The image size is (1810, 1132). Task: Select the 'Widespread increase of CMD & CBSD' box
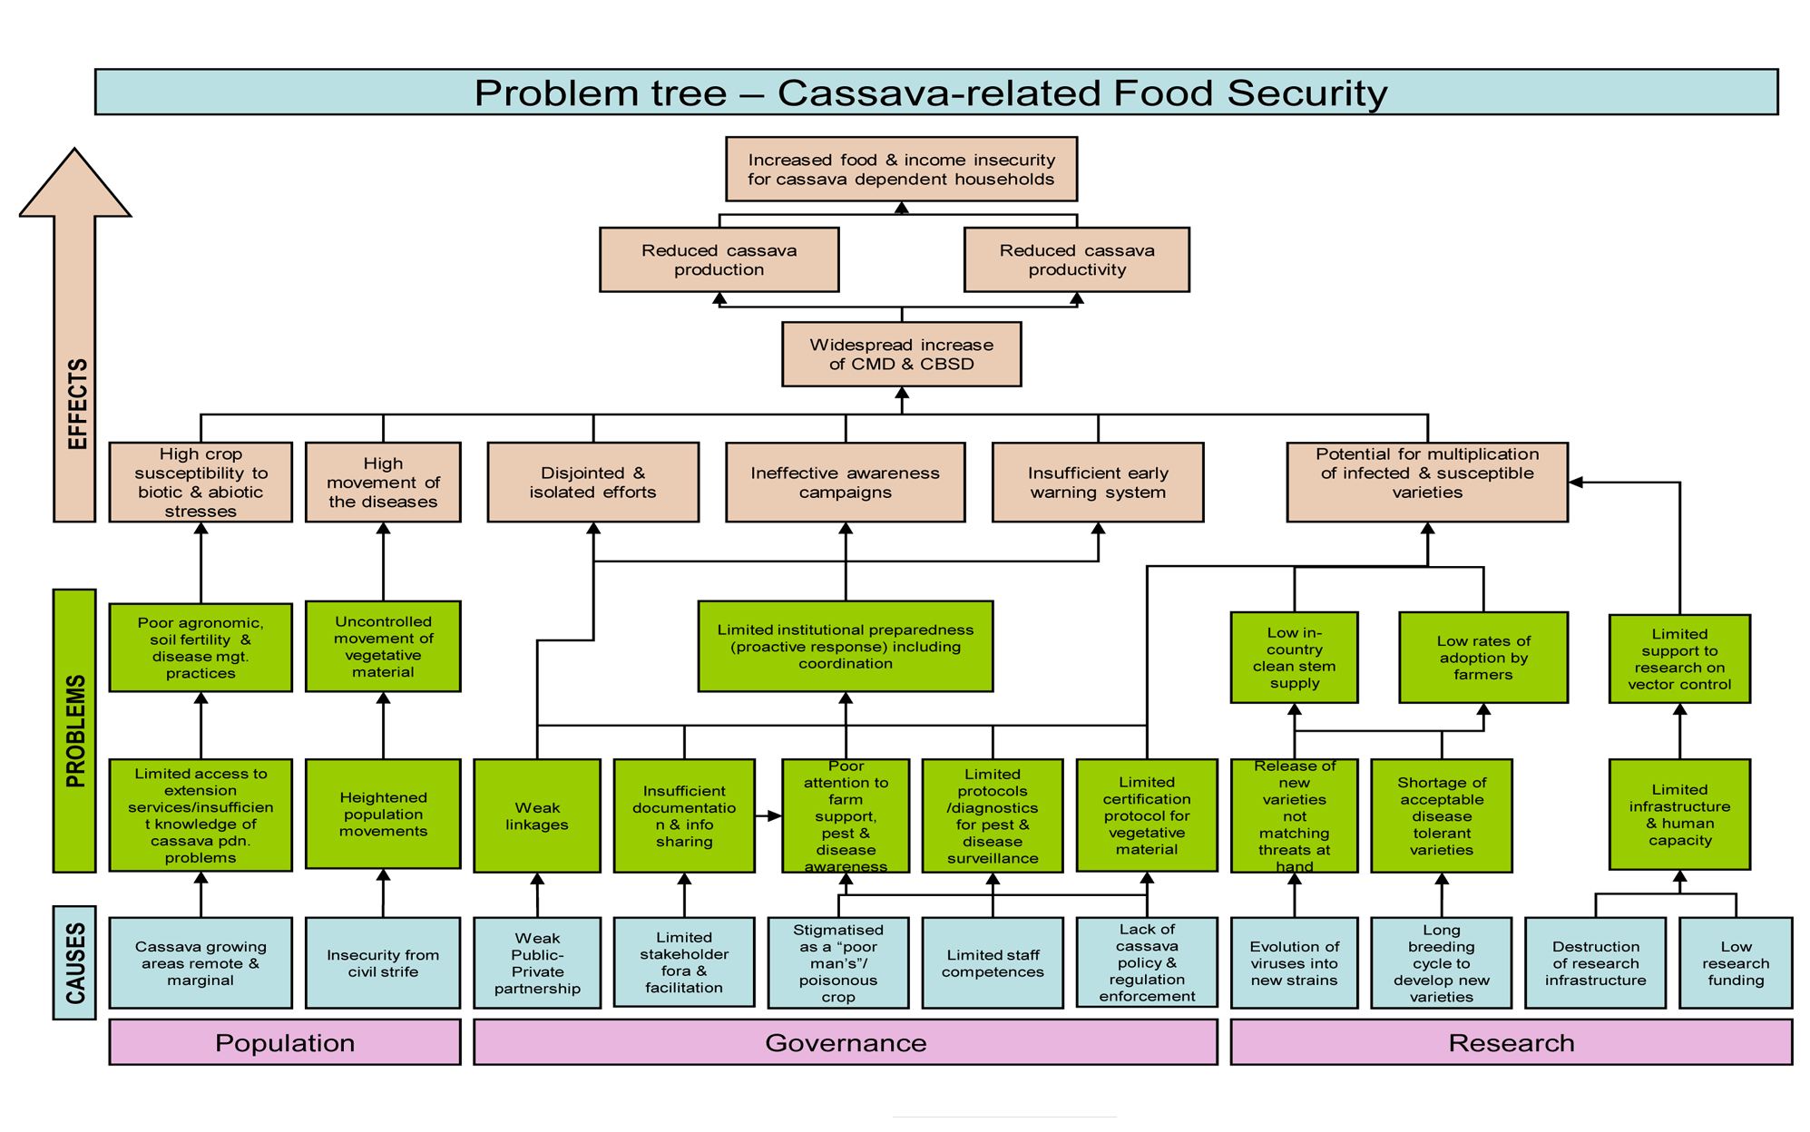tap(901, 355)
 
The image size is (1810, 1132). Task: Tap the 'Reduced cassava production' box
tap(719, 260)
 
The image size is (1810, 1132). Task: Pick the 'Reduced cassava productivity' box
tap(1076, 260)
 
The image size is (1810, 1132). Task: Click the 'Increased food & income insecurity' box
tap(901, 170)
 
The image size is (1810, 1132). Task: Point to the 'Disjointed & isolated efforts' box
tap(592, 483)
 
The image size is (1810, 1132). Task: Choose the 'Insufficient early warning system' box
tap(1098, 483)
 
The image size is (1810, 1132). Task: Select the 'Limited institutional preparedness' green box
tap(845, 647)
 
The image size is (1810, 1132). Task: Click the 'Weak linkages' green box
tap(537, 815)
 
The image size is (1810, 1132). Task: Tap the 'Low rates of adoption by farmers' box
tap(1482, 658)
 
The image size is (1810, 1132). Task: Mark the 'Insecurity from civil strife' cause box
tap(383, 963)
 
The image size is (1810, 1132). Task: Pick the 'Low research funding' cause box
tap(1735, 963)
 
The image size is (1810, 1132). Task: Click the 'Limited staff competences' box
tap(993, 963)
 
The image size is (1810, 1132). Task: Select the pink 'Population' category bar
tap(285, 1042)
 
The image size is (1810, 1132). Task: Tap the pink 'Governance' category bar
tap(845, 1042)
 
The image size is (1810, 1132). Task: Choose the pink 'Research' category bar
tap(1511, 1042)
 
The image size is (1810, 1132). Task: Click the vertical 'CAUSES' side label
tap(74, 963)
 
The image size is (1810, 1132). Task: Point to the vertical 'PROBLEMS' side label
tap(74, 731)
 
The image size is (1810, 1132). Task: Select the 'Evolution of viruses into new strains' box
tap(1294, 963)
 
